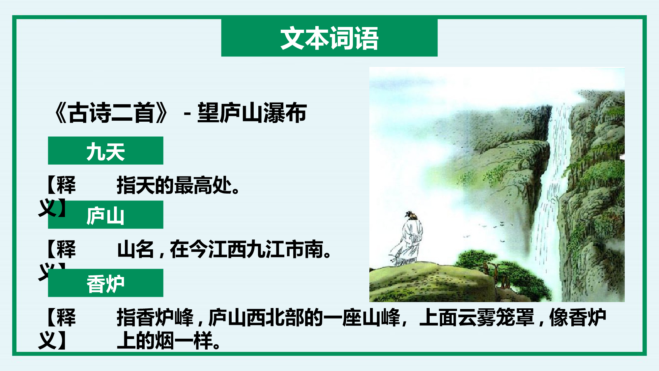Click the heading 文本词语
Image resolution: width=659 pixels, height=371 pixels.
pyautogui.click(x=329, y=38)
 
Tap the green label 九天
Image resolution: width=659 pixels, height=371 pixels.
pyautogui.click(x=105, y=151)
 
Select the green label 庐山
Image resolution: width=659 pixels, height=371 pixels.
pyautogui.click(x=105, y=216)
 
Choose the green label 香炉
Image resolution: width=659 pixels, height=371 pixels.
pyautogui.click(x=105, y=284)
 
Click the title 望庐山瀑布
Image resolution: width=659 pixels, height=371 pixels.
pyautogui.click(x=252, y=113)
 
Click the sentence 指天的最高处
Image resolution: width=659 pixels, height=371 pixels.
pyautogui.click(x=178, y=185)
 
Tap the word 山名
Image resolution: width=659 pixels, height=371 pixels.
pyautogui.click(x=135, y=250)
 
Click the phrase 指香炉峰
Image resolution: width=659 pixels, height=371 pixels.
pyautogui.click(x=155, y=318)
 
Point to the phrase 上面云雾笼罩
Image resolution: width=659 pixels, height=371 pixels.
pyautogui.click(x=476, y=318)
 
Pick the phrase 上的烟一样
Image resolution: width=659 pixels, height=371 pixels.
pyautogui.click(x=168, y=341)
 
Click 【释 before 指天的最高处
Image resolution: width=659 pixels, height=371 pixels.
pyautogui.click(x=61, y=185)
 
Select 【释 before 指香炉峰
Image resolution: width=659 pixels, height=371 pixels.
pyautogui.click(x=61, y=318)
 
